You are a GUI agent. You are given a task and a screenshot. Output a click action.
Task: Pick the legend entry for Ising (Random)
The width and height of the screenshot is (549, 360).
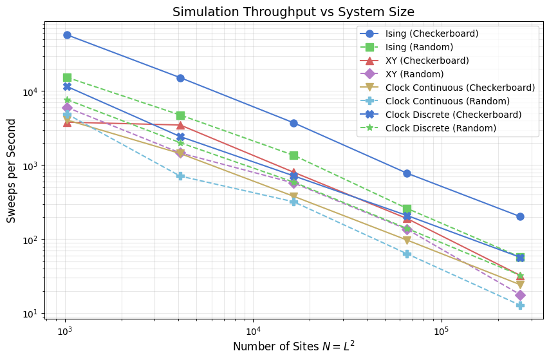click(x=419, y=47)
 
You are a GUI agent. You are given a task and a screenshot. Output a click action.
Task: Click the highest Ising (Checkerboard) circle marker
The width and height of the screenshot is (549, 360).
click(x=67, y=35)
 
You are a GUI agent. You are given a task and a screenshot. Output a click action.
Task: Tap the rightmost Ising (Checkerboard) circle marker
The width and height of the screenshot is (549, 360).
click(x=520, y=216)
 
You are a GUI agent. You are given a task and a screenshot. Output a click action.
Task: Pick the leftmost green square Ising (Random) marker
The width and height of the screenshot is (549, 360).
click(x=67, y=77)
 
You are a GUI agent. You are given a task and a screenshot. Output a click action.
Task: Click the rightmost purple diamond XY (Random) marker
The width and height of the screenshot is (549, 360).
click(x=520, y=295)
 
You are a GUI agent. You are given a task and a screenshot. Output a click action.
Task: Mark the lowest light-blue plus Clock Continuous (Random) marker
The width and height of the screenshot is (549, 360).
click(x=520, y=305)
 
